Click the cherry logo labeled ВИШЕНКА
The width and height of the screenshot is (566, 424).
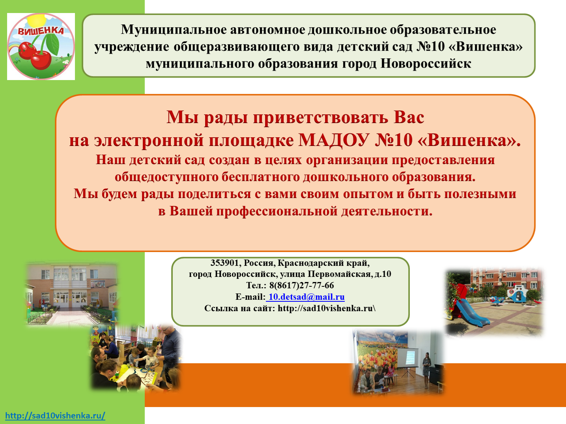(41, 47)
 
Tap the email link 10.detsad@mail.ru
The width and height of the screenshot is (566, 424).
(305, 297)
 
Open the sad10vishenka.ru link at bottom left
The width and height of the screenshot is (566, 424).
(55, 415)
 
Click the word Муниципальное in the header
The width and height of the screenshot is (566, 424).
(174, 30)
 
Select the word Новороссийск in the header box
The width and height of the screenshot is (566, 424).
(426, 64)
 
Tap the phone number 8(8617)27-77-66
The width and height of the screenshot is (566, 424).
(302, 285)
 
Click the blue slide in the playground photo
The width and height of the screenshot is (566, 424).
(471, 314)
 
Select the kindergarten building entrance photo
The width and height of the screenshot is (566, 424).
(71, 294)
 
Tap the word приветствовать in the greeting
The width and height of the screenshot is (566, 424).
(321, 118)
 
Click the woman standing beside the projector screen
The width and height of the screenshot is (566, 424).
(426, 370)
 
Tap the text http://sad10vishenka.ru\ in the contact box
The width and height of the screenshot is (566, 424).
(327, 308)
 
